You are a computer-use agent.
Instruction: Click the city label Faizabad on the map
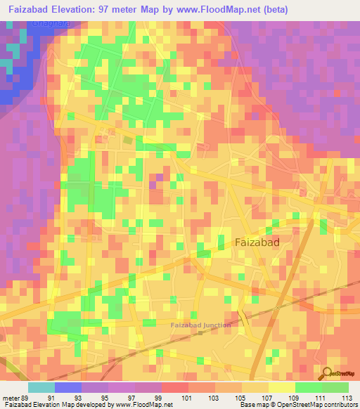pos(256,242)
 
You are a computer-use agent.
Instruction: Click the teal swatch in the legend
pos(41,387)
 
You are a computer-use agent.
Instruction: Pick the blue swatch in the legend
pos(68,387)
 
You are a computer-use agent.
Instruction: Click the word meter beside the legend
pos(11,398)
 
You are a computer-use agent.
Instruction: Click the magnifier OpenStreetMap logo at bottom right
pos(328,372)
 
